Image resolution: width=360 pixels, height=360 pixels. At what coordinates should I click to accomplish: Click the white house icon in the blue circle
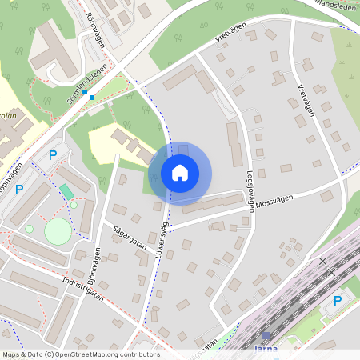[x=180, y=173]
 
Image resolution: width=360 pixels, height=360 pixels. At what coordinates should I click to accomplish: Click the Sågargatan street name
[x=129, y=234]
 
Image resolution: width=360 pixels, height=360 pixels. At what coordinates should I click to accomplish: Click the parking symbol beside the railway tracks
[x=337, y=301]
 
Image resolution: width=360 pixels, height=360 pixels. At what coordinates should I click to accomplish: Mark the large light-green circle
[x=57, y=233]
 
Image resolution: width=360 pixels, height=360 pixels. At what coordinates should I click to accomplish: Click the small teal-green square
[x=66, y=190]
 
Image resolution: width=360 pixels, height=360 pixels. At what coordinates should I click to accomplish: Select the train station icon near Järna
[x=266, y=337]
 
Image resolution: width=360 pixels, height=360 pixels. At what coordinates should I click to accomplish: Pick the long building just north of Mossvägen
[x=212, y=203]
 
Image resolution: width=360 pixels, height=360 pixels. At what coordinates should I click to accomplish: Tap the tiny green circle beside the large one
[x=30, y=229]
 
